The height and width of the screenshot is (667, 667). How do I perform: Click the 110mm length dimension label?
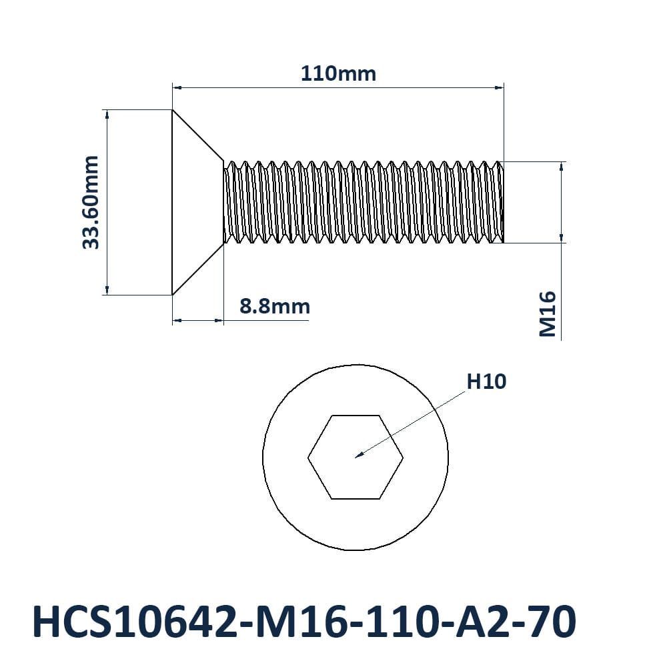click(x=338, y=73)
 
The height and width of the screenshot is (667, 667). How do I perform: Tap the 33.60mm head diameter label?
click(x=91, y=203)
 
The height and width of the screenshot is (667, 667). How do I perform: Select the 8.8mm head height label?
click(x=275, y=306)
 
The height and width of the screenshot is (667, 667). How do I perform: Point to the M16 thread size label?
click(x=548, y=314)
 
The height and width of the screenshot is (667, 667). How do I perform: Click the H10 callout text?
click(x=486, y=382)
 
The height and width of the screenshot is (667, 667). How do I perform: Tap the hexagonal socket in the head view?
click(x=356, y=457)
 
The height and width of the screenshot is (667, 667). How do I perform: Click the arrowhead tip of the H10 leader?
click(x=356, y=458)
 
